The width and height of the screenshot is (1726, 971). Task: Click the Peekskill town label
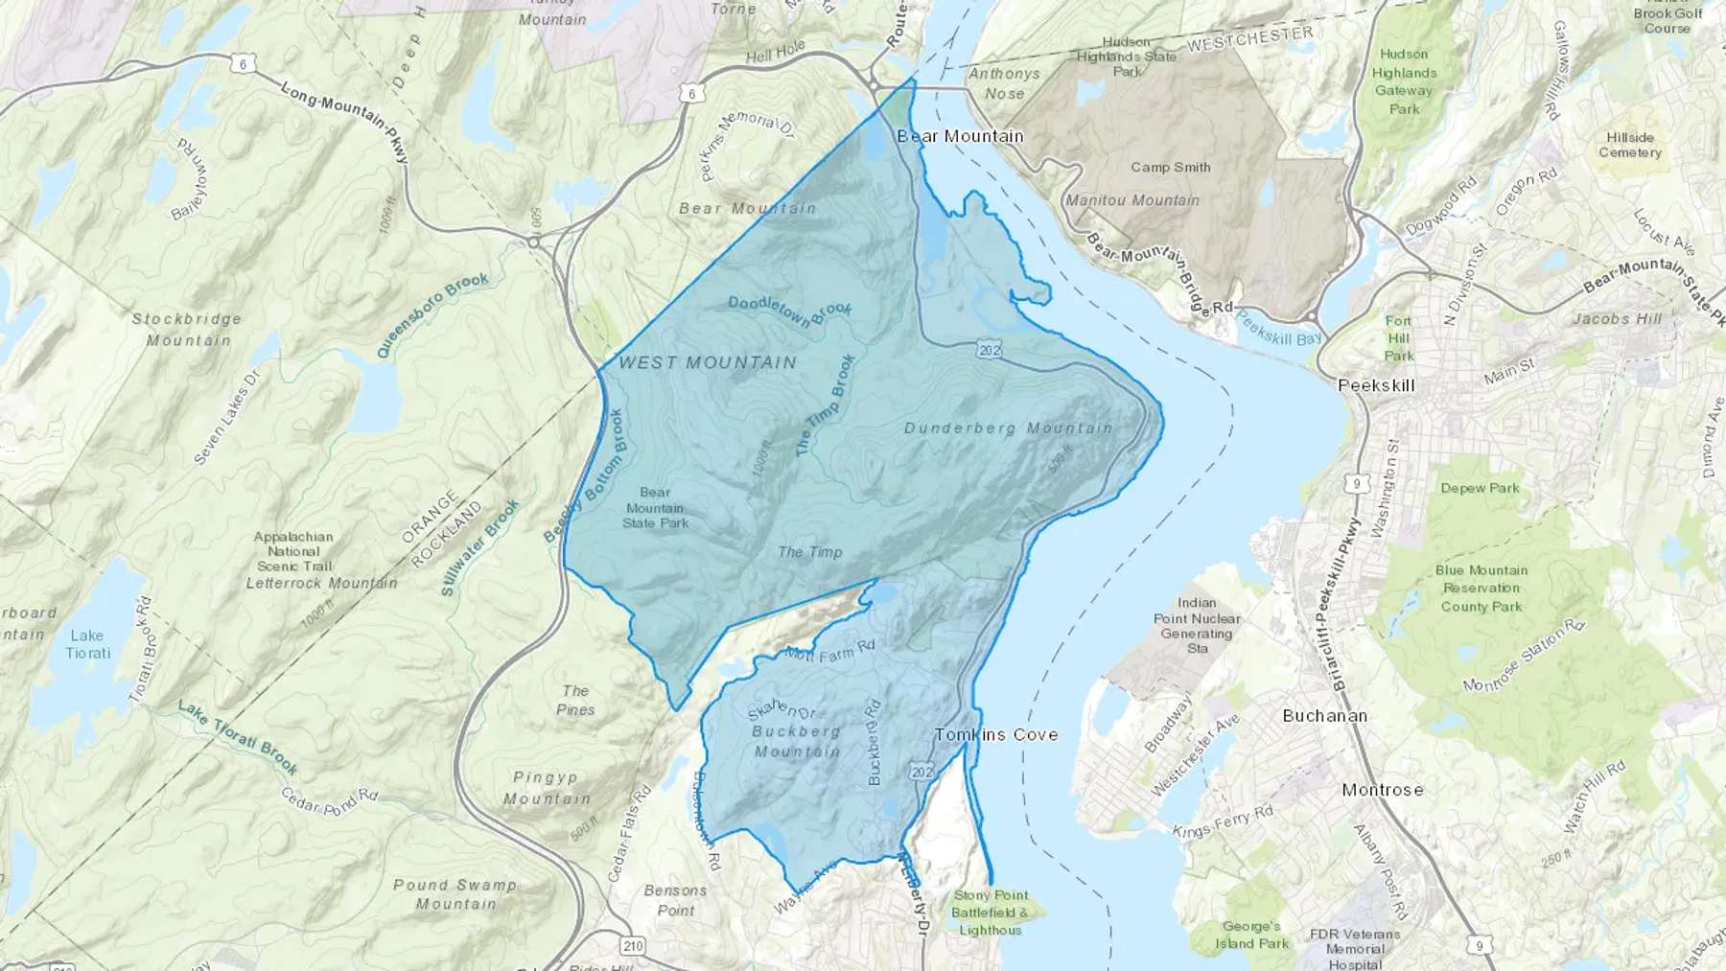click(x=1376, y=385)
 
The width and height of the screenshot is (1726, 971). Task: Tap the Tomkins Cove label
click(x=996, y=734)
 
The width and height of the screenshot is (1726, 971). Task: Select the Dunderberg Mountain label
click(x=1008, y=428)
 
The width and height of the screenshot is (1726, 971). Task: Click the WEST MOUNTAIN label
click(x=708, y=362)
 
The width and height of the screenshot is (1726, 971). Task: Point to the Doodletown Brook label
click(x=790, y=310)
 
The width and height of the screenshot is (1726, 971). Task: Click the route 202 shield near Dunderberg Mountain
click(x=990, y=351)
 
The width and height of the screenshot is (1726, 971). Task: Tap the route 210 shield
click(x=632, y=946)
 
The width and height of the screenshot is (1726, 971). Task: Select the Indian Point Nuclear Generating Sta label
click(x=1196, y=626)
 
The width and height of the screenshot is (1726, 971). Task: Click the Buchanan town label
click(x=1324, y=716)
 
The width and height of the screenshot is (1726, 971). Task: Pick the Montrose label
click(x=1382, y=790)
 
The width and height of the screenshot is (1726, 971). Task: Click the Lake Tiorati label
click(x=87, y=644)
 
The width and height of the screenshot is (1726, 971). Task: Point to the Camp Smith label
click(x=1170, y=167)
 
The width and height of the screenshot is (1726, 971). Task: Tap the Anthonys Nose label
click(x=1004, y=83)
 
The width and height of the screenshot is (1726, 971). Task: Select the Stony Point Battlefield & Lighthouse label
click(x=991, y=913)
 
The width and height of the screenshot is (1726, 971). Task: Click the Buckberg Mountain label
click(x=796, y=741)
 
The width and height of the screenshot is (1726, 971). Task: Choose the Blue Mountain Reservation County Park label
click(x=1481, y=588)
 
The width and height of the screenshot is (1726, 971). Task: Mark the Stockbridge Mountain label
click(x=187, y=329)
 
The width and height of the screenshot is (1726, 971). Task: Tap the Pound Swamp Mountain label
click(x=455, y=893)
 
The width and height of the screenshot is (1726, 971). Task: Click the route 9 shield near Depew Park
click(x=1356, y=484)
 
